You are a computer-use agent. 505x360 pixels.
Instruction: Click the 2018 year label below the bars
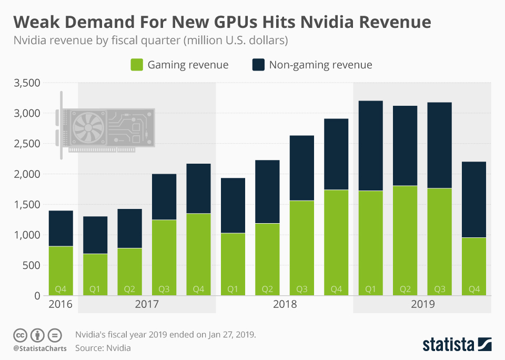pos(284,304)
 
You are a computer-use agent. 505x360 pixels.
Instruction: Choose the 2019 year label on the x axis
pos(422,304)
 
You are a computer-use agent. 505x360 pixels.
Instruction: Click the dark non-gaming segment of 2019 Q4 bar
pos(473,199)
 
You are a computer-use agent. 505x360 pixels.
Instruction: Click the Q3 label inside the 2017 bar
pos(164,289)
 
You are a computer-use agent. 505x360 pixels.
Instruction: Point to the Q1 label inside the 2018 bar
pos(233,289)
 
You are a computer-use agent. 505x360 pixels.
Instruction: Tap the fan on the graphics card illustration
pos(87,128)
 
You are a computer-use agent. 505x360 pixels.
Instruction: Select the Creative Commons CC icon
pos(20,335)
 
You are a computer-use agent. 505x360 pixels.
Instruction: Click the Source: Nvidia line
pos(103,348)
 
